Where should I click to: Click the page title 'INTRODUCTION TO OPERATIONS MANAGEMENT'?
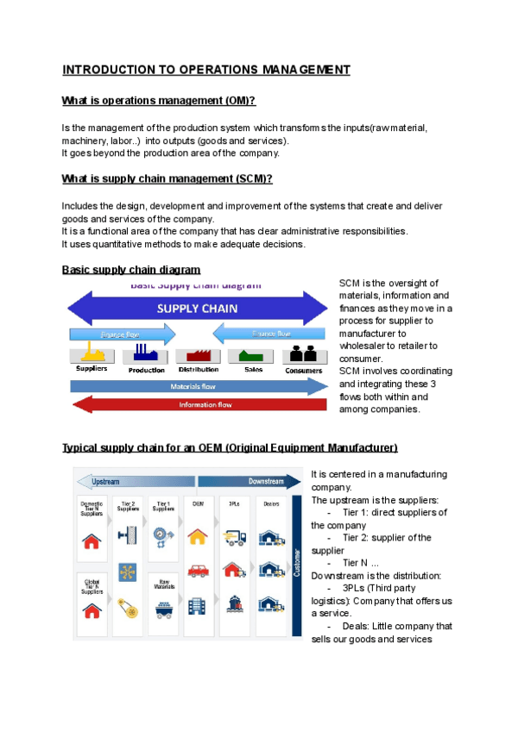(206, 70)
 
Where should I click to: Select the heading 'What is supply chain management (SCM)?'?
(167, 178)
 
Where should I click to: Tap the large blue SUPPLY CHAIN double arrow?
(198, 308)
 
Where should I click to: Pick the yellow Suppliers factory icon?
(92, 352)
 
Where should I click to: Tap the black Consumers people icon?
(303, 352)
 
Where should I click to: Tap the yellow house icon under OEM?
(198, 536)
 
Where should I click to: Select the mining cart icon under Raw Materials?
(162, 609)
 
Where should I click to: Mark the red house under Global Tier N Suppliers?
(92, 610)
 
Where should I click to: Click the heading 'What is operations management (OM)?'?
(159, 102)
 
